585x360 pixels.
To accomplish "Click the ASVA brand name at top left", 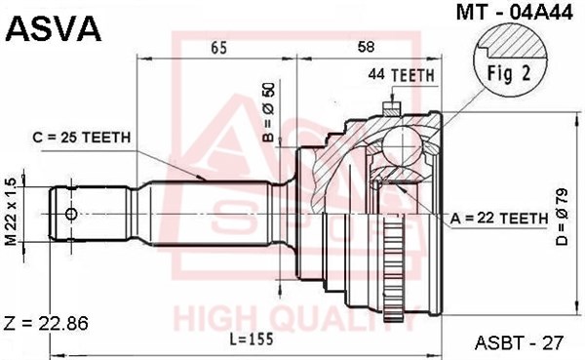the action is point(54,29).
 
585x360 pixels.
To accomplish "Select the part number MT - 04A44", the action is point(515,13).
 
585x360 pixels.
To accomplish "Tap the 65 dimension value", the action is point(218,48).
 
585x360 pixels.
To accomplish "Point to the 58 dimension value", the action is point(367,47).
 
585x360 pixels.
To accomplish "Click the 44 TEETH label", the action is point(402,75).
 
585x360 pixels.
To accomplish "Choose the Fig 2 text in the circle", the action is point(509,73).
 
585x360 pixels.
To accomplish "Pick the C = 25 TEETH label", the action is point(82,138).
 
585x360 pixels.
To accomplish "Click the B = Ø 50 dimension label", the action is point(269,112).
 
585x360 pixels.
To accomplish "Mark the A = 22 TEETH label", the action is point(499,219).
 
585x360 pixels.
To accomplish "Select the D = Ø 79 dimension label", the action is point(562,217).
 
